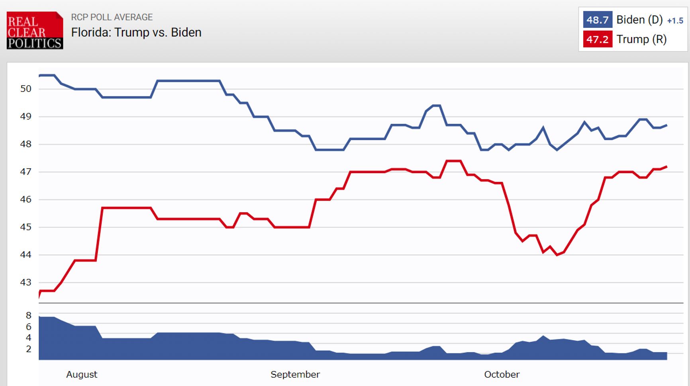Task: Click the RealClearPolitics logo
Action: point(35,30)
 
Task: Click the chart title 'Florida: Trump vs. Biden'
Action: point(136,32)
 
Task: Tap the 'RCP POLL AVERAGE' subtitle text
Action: point(112,17)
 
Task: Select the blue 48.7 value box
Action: point(597,20)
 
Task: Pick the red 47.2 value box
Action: point(597,39)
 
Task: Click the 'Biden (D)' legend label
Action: point(639,20)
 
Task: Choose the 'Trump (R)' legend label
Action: point(641,39)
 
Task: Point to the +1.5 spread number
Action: point(675,21)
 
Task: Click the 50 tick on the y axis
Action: point(26,89)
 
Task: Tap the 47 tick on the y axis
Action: point(26,172)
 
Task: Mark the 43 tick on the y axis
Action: point(26,282)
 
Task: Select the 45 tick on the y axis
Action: point(26,227)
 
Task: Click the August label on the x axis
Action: point(82,374)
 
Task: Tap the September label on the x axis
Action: point(295,374)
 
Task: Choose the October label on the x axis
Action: point(502,374)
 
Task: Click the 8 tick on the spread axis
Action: point(28,316)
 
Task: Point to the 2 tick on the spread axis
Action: point(28,349)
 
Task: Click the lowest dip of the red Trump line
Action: point(557,255)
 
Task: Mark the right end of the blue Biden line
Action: point(666,125)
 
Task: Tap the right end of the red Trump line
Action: point(666,167)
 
